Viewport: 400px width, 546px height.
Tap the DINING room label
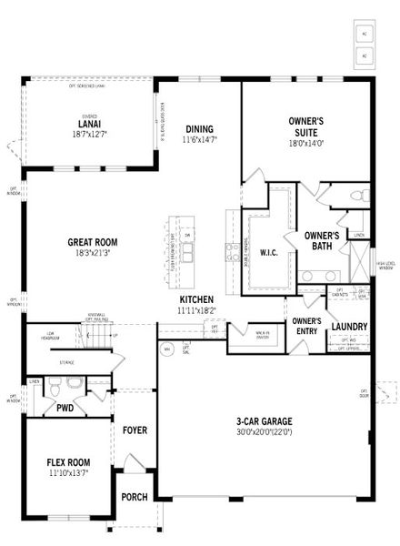click(x=199, y=129)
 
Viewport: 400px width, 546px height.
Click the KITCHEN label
click(x=196, y=299)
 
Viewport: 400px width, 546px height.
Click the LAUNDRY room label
click(x=349, y=327)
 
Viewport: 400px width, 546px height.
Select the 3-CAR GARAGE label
click(x=264, y=421)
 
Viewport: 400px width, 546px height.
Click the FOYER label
click(x=135, y=430)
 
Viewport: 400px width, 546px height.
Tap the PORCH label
click(x=135, y=497)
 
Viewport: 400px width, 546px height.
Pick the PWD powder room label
click(x=65, y=409)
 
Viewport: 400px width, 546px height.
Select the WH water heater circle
click(x=167, y=349)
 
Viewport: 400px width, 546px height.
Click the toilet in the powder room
click(x=54, y=390)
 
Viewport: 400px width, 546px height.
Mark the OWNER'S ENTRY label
click(x=306, y=326)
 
